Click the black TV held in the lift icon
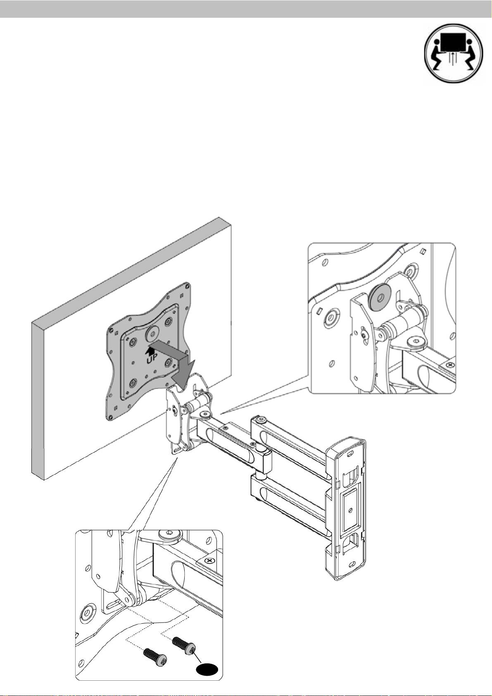pyautogui.click(x=454, y=44)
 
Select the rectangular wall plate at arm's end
pyautogui.click(x=345, y=510)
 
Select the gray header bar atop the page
pyautogui.click(x=246, y=9)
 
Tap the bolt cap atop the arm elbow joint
pyautogui.click(x=261, y=421)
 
